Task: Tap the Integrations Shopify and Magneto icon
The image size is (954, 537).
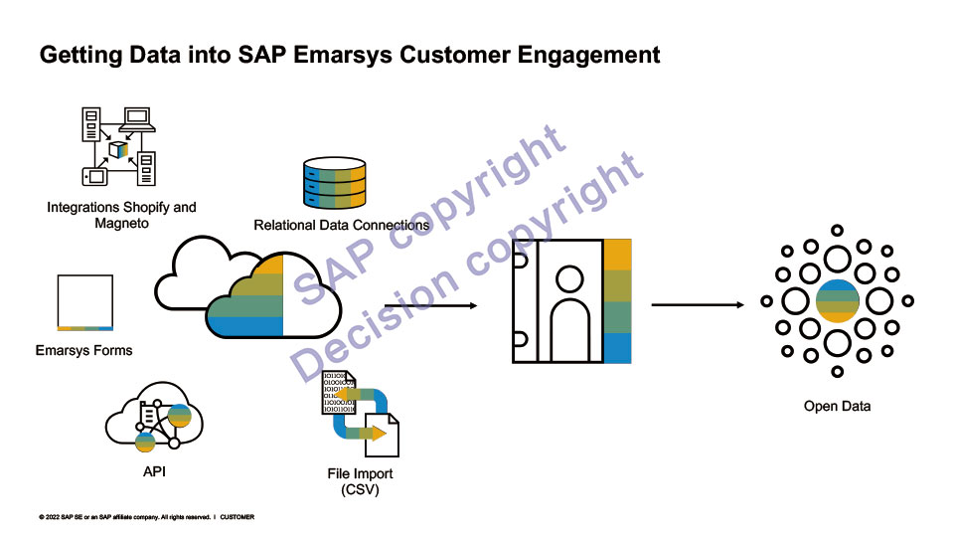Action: click(x=119, y=148)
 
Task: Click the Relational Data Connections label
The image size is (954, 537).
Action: click(x=342, y=226)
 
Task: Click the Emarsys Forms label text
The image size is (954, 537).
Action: click(x=83, y=350)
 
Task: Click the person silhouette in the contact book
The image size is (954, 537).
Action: click(x=557, y=303)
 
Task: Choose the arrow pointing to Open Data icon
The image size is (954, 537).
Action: click(x=697, y=304)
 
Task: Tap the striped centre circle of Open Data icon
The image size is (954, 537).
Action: click(x=837, y=301)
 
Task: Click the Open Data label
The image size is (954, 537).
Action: click(x=837, y=406)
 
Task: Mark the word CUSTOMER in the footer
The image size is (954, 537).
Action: click(x=238, y=517)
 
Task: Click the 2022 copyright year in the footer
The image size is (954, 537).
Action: click(x=52, y=517)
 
